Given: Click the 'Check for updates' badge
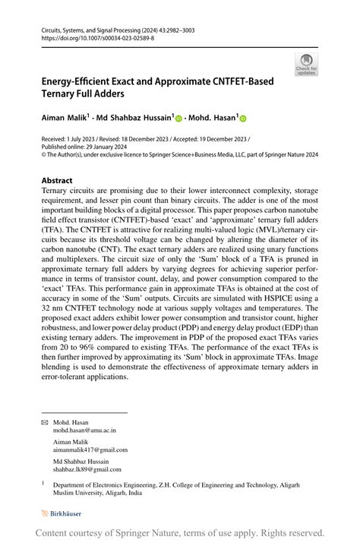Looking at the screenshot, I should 308,65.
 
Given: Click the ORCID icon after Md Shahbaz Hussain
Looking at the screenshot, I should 178,119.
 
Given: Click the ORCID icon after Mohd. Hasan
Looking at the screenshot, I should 244,119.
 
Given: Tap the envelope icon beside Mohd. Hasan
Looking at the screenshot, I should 44,421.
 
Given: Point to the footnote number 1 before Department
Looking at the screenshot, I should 43,483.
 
